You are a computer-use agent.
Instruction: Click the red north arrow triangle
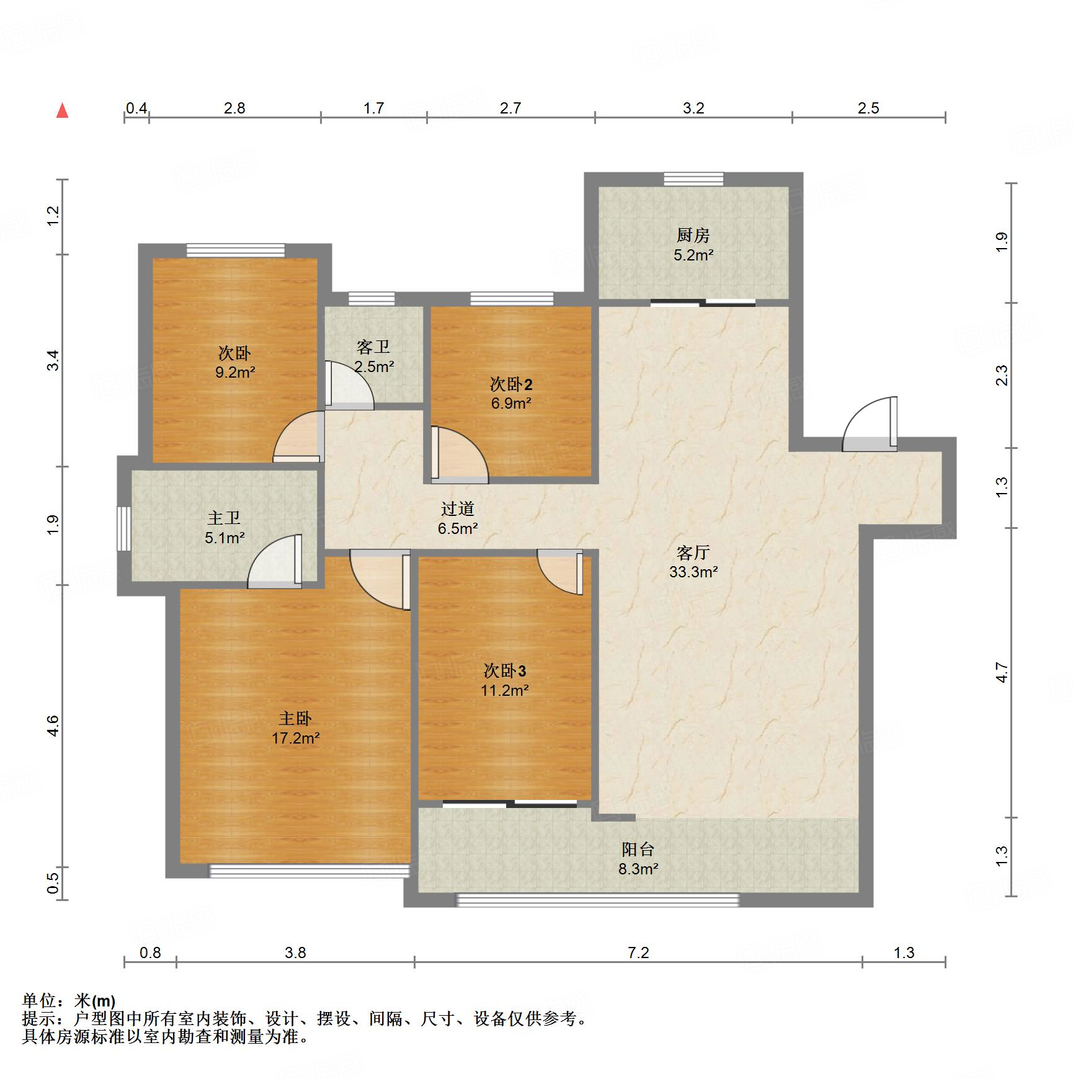(62, 111)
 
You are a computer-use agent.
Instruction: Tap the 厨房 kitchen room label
(693, 235)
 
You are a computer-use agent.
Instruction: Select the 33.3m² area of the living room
(693, 572)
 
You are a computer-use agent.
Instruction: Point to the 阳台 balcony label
(638, 849)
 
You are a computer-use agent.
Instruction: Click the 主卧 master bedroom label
(295, 718)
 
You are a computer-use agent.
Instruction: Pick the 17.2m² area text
(295, 738)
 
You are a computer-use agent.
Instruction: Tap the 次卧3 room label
(505, 670)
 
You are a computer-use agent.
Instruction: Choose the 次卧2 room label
(511, 384)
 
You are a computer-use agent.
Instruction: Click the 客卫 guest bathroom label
(373, 347)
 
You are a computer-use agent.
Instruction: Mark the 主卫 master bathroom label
(224, 518)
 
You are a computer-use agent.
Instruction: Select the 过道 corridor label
(458, 508)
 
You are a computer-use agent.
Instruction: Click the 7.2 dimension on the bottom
(638, 952)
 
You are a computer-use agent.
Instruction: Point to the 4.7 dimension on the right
(1002, 672)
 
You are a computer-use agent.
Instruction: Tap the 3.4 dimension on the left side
(54, 360)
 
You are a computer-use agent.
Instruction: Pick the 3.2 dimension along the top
(693, 109)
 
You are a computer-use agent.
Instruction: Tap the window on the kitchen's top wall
(693, 179)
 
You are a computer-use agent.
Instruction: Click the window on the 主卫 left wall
(124, 528)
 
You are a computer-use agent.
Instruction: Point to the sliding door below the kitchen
(703, 303)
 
